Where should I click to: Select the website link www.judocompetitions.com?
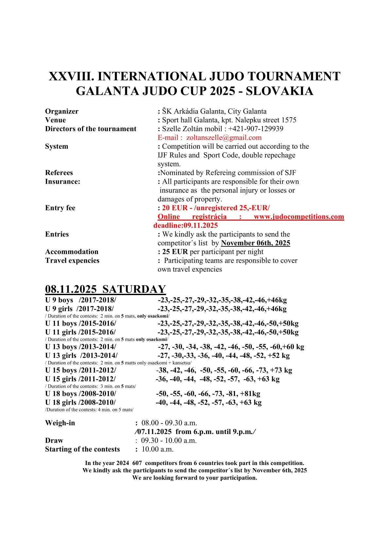click(299, 217)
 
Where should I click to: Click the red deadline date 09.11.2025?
click(200, 225)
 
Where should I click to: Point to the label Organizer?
click(62, 111)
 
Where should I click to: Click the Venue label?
click(56, 120)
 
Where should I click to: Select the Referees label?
click(59, 173)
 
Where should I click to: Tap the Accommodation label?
click(72, 252)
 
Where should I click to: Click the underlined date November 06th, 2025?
click(256, 243)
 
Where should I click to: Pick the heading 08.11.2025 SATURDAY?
click(105, 289)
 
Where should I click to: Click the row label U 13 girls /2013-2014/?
click(81, 356)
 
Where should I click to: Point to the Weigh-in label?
click(60, 423)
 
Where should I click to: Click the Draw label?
click(54, 441)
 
